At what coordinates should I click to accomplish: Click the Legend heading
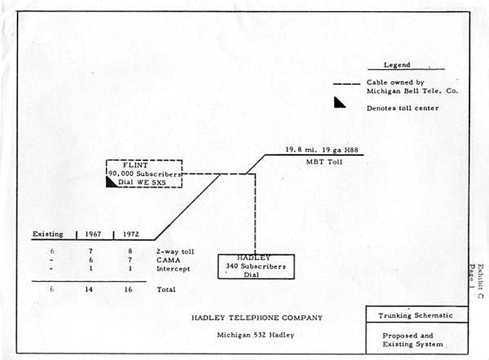(397, 65)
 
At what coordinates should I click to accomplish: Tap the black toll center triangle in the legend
(340, 102)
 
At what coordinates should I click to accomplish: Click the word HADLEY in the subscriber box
(256, 258)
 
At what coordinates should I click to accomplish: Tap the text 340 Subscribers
(256, 267)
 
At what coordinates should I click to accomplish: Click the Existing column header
(48, 233)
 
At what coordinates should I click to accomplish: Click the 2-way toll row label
(175, 251)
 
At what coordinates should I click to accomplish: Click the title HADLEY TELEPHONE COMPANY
(256, 318)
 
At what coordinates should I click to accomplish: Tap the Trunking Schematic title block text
(415, 316)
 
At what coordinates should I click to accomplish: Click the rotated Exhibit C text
(480, 280)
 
